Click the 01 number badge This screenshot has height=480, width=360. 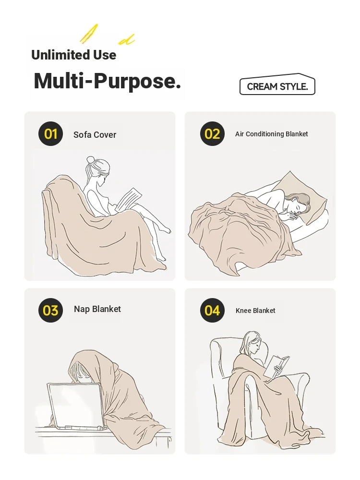point(50,134)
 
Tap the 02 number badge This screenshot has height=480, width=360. point(212,134)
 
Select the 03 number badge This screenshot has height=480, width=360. point(50,311)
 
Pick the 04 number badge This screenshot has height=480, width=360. point(212,311)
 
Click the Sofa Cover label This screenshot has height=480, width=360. point(95,135)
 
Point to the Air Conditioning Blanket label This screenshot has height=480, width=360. point(272,134)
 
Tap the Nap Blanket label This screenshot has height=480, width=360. point(97,309)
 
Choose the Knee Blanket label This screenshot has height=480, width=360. point(255,311)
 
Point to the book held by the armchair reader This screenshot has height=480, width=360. point(277,366)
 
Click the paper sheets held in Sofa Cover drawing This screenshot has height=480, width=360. point(129,199)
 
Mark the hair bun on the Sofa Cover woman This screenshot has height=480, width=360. point(91,160)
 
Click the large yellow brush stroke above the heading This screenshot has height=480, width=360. point(89,34)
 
